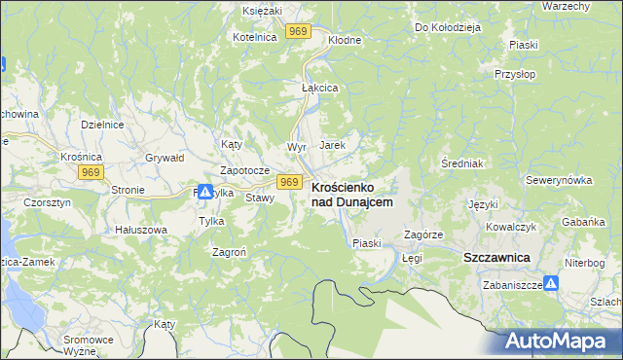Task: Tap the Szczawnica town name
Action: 495,257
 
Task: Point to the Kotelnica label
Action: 255,36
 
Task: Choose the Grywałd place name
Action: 165,157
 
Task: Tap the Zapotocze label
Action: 244,170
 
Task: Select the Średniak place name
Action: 462,162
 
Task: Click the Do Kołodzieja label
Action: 449,27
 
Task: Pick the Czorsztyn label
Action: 47,203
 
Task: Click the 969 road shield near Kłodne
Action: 299,32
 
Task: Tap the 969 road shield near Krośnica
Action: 92,172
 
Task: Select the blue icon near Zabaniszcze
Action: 551,284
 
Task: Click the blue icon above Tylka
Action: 206,192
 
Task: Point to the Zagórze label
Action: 423,235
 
